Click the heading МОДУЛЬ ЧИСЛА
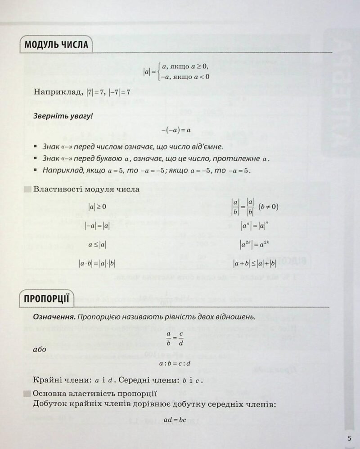point(56,45)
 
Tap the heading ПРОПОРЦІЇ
point(47,298)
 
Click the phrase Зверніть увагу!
point(63,116)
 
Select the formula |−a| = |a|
point(98,227)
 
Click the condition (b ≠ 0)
point(269,207)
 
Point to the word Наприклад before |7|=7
point(57,93)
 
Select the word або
point(40,349)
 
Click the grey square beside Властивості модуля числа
point(27,189)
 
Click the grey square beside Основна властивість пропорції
point(27,393)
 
